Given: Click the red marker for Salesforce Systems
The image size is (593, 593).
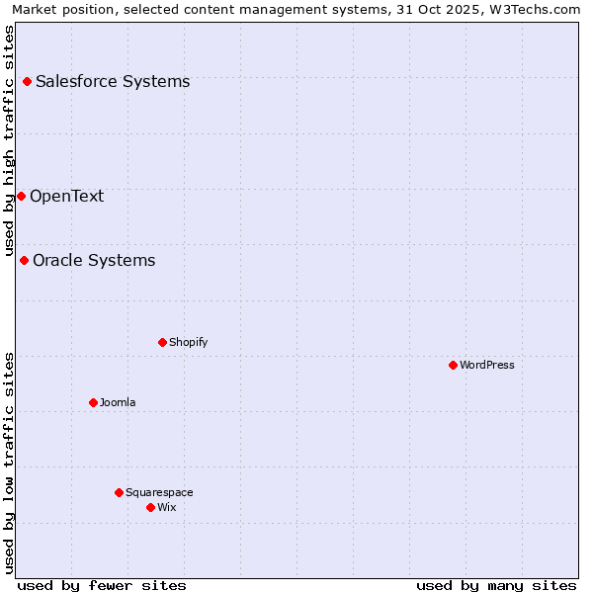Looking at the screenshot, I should click(27, 81).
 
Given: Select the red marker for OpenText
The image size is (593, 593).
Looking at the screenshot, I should click(21, 196).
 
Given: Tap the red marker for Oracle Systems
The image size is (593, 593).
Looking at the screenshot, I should click(24, 260).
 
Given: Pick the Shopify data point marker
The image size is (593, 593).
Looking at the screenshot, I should click(162, 342).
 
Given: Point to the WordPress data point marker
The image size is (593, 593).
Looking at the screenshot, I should click(453, 365).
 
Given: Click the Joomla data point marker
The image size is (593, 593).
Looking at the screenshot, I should click(93, 402).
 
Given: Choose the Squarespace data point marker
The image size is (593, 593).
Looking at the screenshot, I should click(119, 492).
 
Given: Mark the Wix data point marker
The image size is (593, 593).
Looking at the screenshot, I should click(150, 507).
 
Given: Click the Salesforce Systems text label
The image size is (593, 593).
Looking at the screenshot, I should click(113, 81).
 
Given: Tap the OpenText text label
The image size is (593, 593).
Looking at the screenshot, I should click(66, 196).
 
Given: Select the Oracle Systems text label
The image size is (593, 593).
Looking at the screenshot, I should click(94, 260).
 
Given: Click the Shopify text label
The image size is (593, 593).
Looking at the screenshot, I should click(188, 342).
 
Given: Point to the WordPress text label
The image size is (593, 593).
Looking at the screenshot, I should click(487, 365).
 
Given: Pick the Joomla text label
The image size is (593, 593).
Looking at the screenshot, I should click(118, 402).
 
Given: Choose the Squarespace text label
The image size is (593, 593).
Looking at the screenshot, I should click(159, 492).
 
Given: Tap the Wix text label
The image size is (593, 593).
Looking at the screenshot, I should click(166, 507).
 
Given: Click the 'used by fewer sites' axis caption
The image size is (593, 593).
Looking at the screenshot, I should click(102, 585).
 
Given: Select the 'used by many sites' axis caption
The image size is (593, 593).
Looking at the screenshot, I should click(496, 585).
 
